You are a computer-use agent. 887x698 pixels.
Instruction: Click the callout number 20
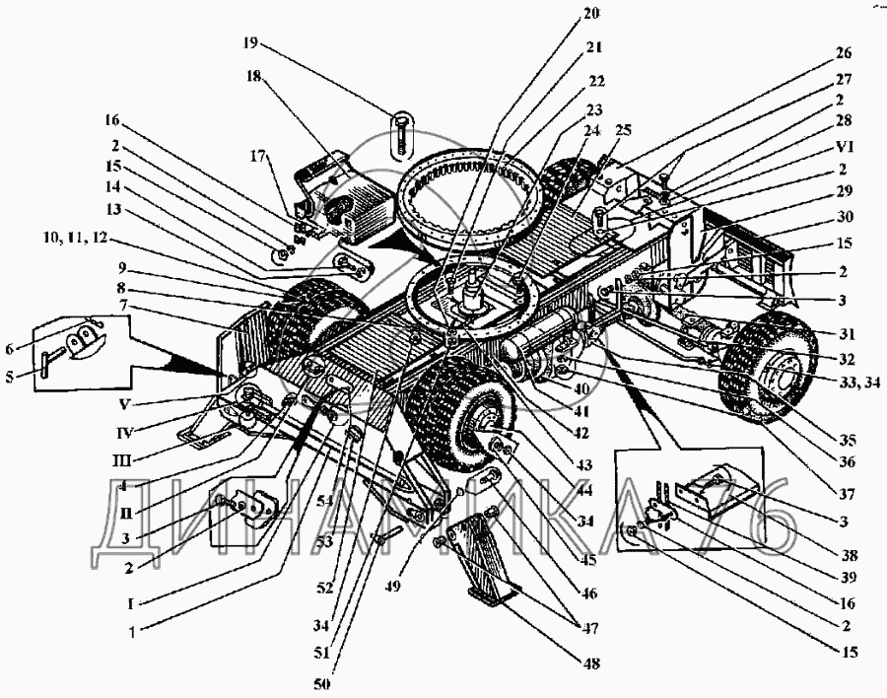[x=590, y=14]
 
